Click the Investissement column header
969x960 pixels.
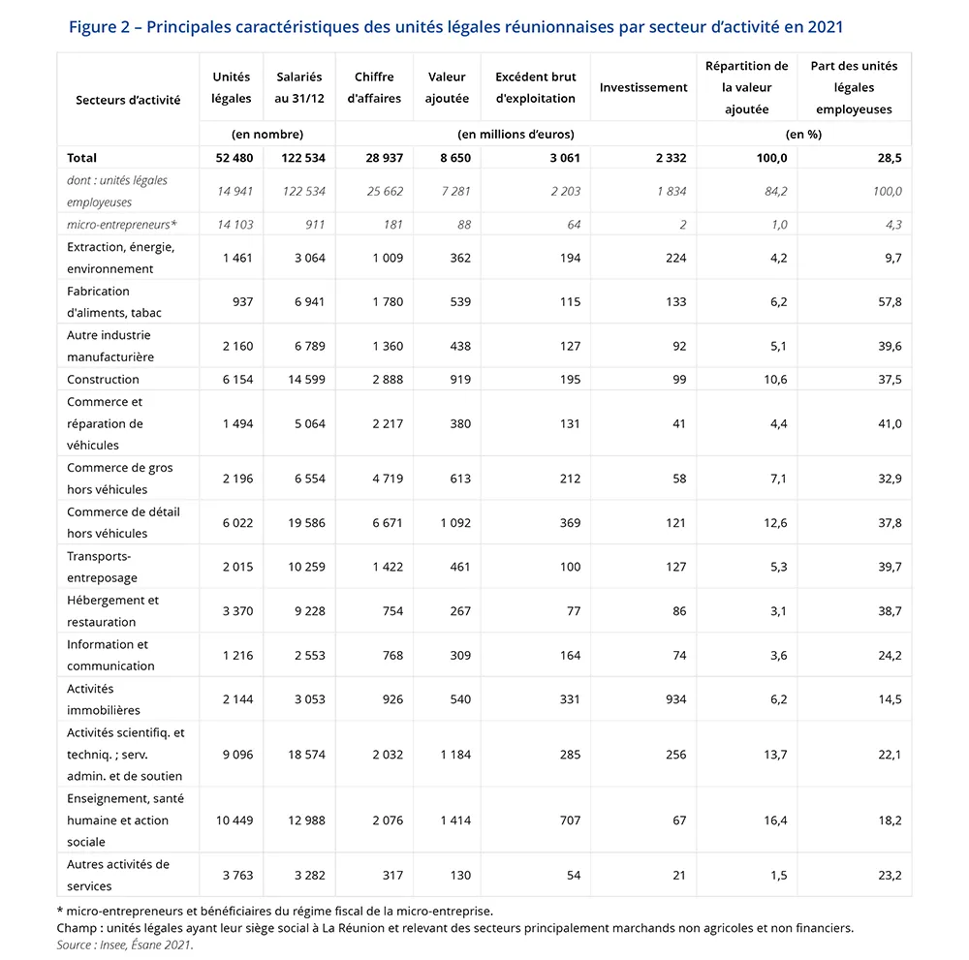click(643, 87)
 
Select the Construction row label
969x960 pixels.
click(103, 379)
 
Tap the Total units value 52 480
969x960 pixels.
click(232, 158)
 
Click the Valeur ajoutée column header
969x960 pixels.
click(447, 87)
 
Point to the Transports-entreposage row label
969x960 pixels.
click(102, 567)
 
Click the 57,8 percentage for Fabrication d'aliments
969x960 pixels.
click(890, 302)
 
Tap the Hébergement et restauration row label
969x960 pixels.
click(112, 611)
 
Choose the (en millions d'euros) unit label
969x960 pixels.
click(516, 134)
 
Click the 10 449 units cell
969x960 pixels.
click(233, 821)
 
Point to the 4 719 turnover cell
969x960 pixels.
click(387, 479)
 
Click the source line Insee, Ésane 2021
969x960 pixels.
click(125, 945)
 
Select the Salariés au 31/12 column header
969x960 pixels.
click(298, 87)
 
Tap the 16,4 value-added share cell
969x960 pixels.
click(775, 821)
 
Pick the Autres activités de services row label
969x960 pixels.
click(117, 875)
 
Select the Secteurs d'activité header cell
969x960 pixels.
click(128, 100)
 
